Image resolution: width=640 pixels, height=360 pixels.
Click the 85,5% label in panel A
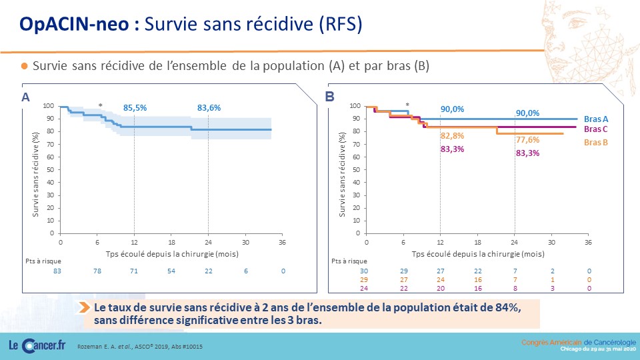coord(135,108)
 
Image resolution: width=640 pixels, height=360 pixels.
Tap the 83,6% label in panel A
coord(209,108)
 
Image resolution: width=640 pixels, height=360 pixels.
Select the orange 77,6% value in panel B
coord(528,139)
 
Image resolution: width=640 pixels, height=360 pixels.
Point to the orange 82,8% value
coord(452,135)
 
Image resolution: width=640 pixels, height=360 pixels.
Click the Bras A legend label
coord(596,119)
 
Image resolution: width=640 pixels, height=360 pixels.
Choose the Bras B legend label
coord(596,143)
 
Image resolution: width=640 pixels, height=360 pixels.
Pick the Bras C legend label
coord(595,129)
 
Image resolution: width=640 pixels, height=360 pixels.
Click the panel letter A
coord(25,97)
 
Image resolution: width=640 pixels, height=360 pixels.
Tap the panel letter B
coord(329,97)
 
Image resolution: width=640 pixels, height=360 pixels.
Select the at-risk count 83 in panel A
coord(57,271)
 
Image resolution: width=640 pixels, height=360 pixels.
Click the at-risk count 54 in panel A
coord(171,271)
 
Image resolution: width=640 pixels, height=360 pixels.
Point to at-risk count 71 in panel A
coord(134,271)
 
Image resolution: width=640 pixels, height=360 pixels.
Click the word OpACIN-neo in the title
coord(74,24)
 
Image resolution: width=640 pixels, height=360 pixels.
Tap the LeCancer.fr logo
coord(37,346)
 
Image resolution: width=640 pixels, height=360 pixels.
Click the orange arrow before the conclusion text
coord(85,307)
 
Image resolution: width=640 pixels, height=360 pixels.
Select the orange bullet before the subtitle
coord(25,66)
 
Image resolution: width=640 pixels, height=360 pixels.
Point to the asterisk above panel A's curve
coord(101,106)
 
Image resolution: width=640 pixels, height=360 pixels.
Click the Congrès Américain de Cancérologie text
coord(579,343)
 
